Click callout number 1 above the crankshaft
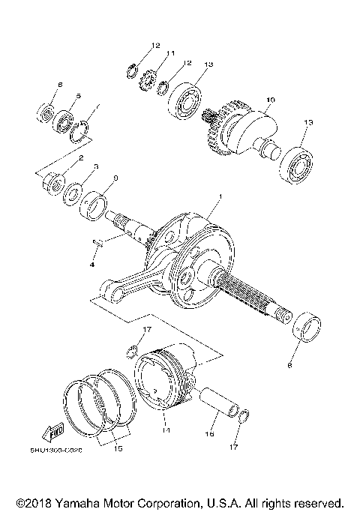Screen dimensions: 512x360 (x=220, y=196)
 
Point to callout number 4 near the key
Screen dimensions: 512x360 (x=93, y=265)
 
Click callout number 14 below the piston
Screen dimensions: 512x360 (x=166, y=430)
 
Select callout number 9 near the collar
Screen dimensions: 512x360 (x=115, y=178)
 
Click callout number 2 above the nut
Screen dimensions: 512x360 (x=80, y=159)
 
